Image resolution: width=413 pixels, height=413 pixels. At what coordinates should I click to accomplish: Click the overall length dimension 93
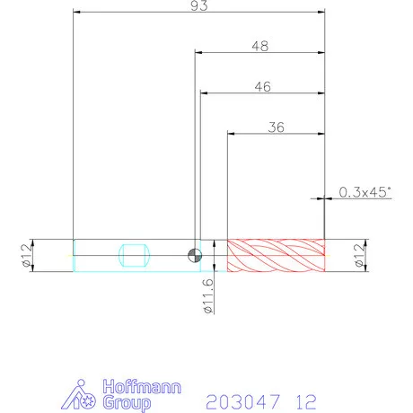199,5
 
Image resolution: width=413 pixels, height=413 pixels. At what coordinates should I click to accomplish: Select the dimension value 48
260,46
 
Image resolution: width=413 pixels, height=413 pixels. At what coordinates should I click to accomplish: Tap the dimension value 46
263,87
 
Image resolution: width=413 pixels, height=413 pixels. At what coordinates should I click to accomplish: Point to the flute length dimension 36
276,127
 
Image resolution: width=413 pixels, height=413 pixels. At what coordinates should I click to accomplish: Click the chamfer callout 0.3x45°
365,192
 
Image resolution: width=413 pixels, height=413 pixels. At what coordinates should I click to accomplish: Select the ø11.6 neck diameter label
208,296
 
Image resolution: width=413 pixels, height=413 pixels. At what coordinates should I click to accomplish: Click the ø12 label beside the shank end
26,256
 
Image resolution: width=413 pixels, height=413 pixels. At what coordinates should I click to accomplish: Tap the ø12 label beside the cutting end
359,255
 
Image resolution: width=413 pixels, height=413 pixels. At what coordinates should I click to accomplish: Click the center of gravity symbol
195,255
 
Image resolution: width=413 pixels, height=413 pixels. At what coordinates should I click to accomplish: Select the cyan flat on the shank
134,255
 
